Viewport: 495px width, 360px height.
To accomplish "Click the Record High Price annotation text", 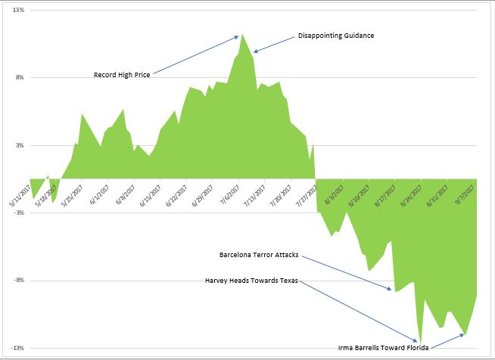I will pos(122,75).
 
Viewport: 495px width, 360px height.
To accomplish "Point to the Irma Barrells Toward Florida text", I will pos(383,349).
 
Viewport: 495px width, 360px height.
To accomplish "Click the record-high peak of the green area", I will pos(242,34).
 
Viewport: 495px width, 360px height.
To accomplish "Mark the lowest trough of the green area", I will pos(419,343).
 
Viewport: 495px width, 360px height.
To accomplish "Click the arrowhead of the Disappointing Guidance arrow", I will pos(254,52).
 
